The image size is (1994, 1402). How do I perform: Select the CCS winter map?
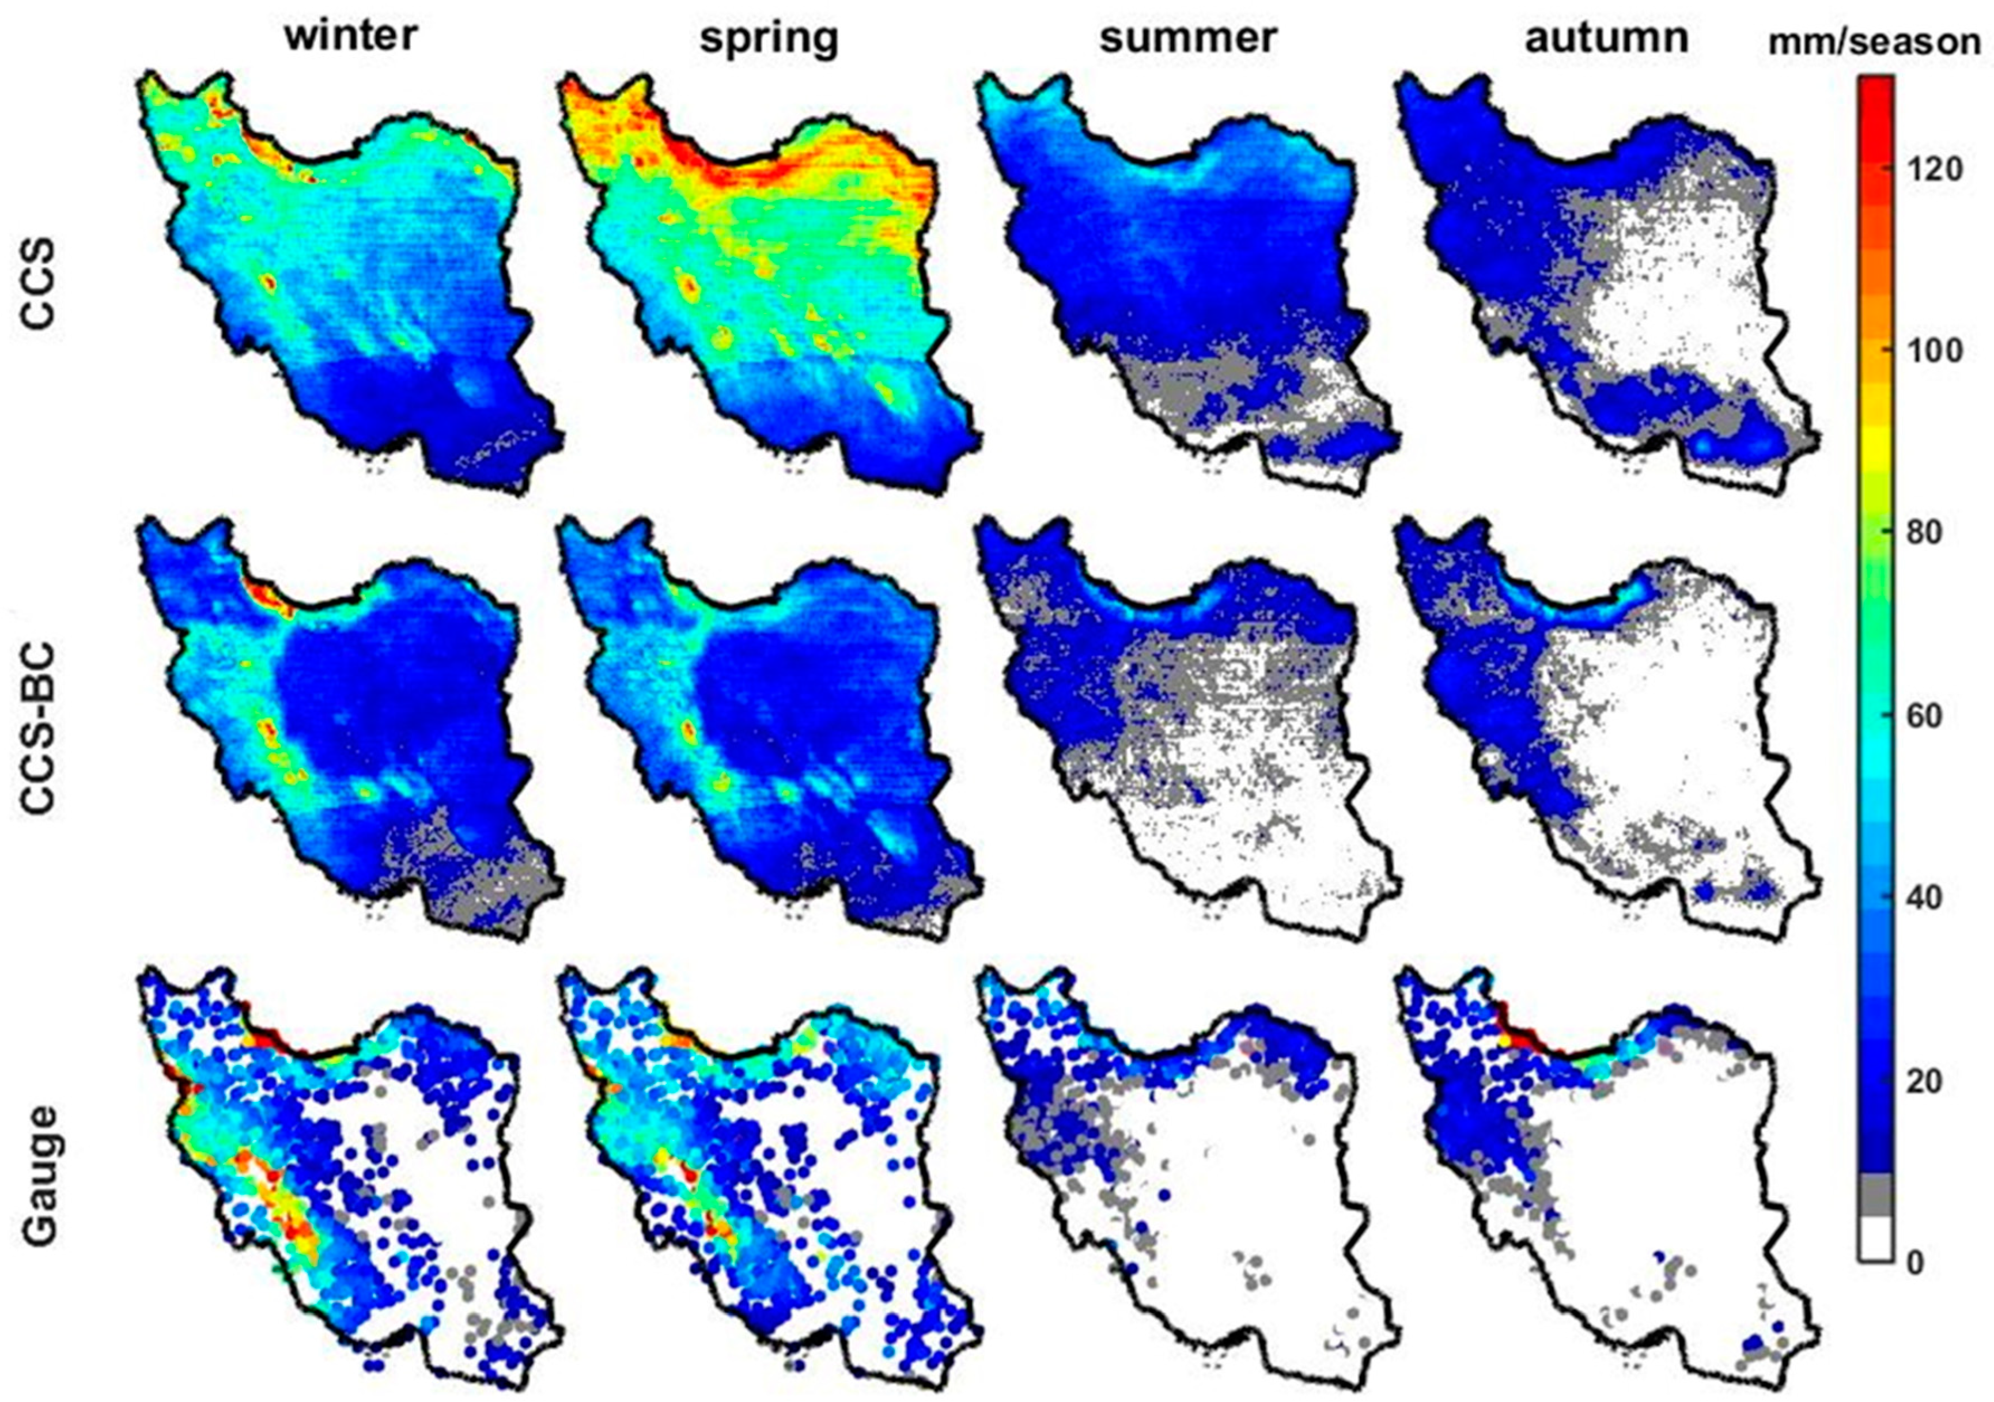[347, 278]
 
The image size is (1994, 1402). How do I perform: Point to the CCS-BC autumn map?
[1607, 729]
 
